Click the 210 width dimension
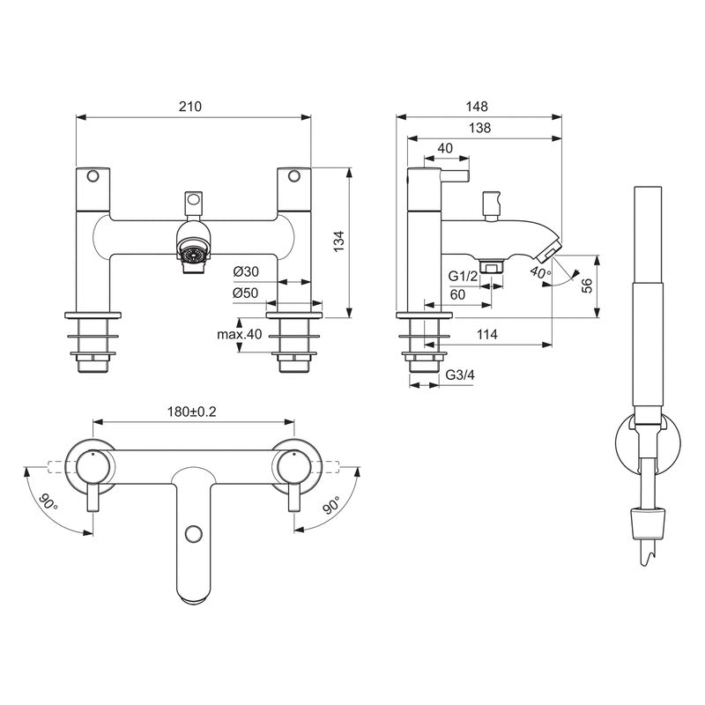tap(190, 107)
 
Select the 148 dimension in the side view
tap(479, 106)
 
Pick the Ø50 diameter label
tap(246, 293)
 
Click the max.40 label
tap(240, 334)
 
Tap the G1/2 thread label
tap(463, 277)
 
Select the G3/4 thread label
tap(459, 375)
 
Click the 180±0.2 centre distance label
tap(192, 412)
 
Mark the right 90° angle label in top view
tap(331, 506)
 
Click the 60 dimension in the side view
tap(457, 294)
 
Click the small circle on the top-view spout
tap(192, 535)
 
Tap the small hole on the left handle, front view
tap(92, 175)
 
